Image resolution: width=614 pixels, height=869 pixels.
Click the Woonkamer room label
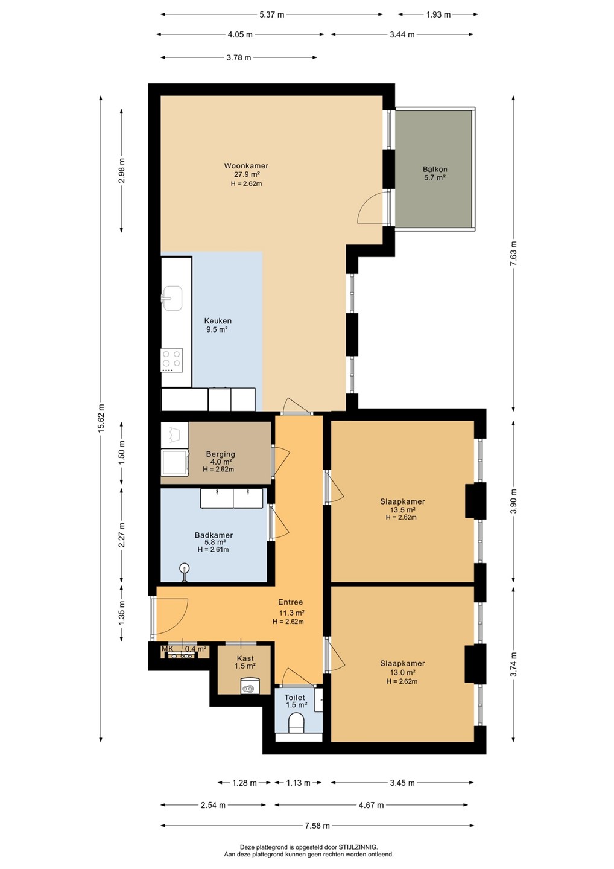tap(246, 165)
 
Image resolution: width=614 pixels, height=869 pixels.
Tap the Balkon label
tap(435, 169)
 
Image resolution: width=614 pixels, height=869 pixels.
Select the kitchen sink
tap(172, 298)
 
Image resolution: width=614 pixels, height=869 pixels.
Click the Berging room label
tap(221, 454)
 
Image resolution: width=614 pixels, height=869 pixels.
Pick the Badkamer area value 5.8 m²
tap(215, 543)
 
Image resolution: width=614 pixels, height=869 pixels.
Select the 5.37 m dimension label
tap(272, 14)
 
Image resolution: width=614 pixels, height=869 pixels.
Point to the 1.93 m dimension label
tap(438, 14)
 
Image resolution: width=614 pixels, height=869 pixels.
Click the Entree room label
tap(290, 602)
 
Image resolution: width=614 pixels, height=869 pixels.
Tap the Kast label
tap(245, 658)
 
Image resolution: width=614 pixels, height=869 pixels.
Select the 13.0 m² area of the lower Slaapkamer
tap(402, 673)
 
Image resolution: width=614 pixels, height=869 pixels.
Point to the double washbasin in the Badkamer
tap(232, 498)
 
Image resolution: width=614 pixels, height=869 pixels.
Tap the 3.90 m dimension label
tap(514, 501)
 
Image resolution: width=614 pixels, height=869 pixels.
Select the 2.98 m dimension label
tap(122, 171)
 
